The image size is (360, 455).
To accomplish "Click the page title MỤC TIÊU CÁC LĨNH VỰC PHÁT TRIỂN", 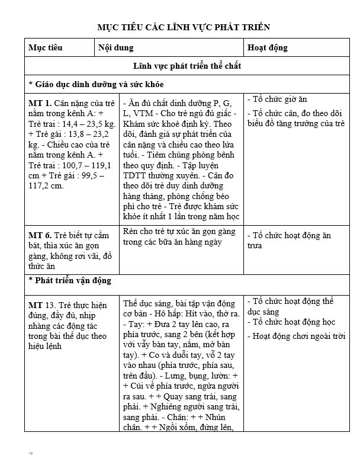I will click(183, 27).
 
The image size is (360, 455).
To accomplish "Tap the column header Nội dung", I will click(115, 47).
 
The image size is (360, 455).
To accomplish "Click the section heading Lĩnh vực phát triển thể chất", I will click(187, 66).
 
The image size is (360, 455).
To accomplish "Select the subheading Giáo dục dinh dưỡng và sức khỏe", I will click(96, 84).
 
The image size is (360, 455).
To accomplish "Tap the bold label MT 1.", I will click(40, 102).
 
